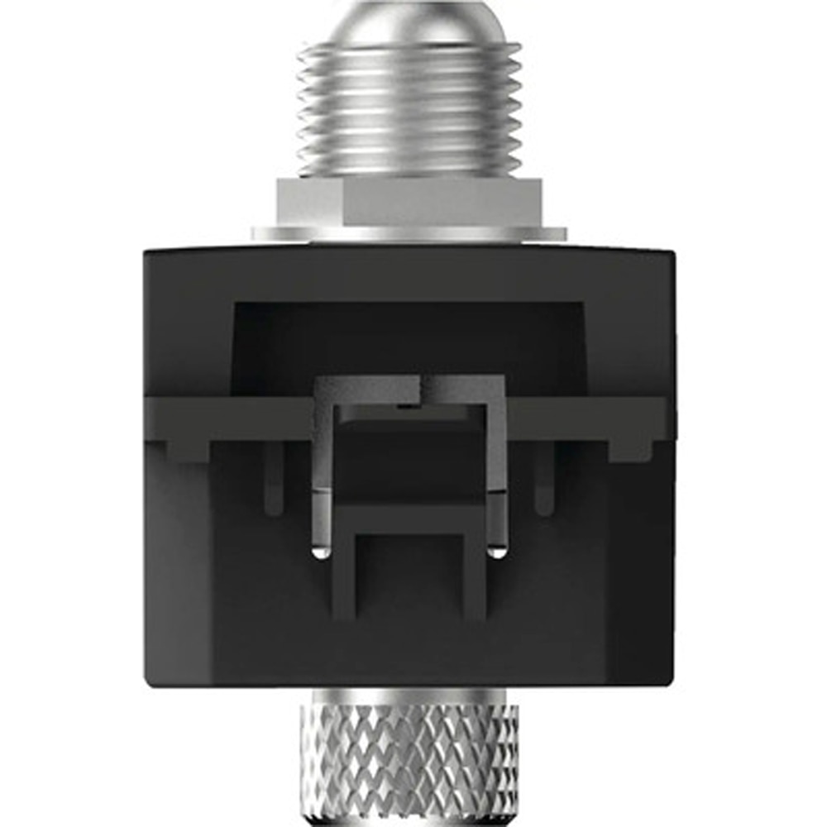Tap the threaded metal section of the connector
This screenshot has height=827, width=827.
point(410,108)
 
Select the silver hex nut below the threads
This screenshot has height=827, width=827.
point(409,203)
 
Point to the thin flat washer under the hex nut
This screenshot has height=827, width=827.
point(409,234)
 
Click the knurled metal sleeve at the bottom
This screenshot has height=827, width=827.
point(409,765)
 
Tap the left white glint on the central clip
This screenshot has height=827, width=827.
point(319,552)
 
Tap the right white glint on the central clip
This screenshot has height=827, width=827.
point(497,552)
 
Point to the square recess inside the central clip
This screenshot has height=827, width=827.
point(409,463)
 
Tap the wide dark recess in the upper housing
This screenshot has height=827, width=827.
point(409,339)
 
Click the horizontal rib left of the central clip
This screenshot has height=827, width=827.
point(240,418)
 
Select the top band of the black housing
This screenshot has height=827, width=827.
point(409,269)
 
